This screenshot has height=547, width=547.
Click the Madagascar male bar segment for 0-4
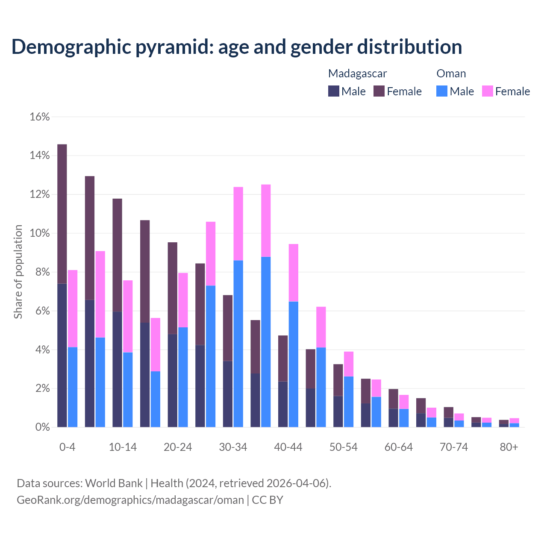click(62, 355)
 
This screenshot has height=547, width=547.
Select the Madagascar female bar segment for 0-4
click(62, 214)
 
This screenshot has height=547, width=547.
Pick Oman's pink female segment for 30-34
click(238, 224)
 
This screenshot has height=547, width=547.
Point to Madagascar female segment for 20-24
click(172, 288)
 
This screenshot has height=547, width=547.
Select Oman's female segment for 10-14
click(128, 316)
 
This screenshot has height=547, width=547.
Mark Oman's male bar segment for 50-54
click(349, 402)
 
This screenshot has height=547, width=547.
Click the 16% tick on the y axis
click(40, 117)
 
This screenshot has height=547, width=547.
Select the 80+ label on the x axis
click(509, 447)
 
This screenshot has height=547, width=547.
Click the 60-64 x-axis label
click(399, 447)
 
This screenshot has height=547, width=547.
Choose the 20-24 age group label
click(178, 447)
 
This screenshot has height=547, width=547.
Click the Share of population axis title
click(18, 272)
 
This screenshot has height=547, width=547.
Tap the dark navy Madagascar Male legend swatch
click(334, 91)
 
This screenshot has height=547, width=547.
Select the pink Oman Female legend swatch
click(488, 91)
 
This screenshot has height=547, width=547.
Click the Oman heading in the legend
click(451, 74)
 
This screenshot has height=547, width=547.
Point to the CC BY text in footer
click(268, 500)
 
